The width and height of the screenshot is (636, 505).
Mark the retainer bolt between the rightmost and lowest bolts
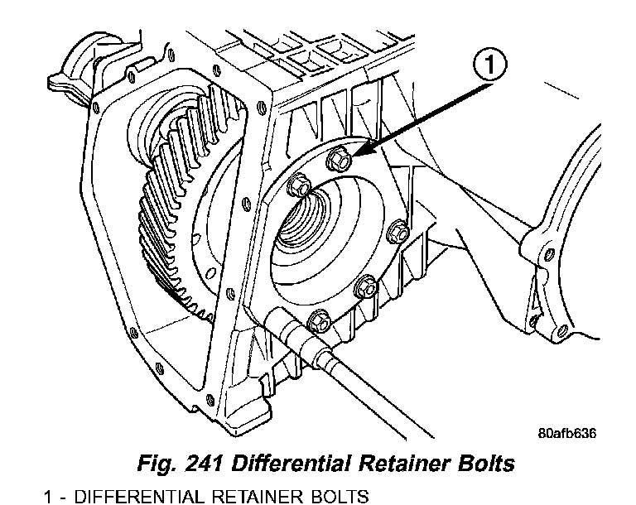coord(365,288)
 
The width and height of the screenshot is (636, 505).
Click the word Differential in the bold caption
coord(291,462)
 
